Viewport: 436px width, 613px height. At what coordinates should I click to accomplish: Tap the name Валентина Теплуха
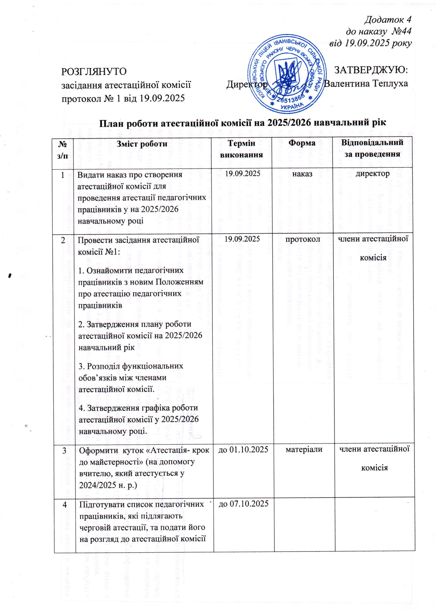tap(366, 84)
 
